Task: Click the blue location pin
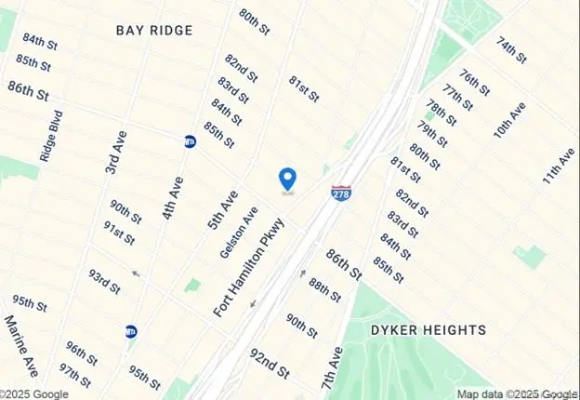point(288,178)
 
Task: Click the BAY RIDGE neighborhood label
point(154,30)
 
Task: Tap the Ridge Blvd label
point(50,140)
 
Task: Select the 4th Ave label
point(170,198)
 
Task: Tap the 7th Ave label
point(332,367)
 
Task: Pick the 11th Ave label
point(560,166)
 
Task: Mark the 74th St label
point(512,50)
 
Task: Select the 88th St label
point(325,289)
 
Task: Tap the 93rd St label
point(104,281)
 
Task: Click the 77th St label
point(458,97)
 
